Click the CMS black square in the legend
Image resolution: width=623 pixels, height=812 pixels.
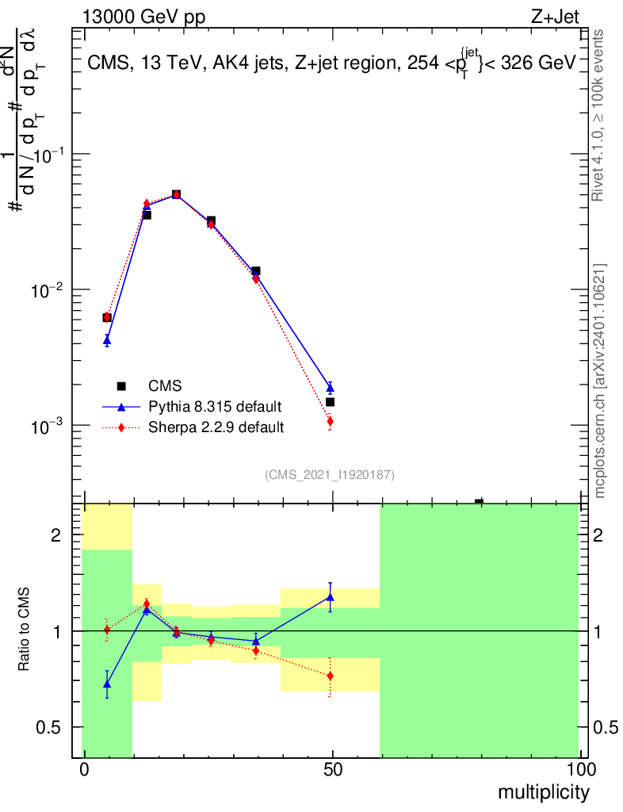[121, 386]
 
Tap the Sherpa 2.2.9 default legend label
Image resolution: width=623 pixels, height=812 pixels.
[216, 427]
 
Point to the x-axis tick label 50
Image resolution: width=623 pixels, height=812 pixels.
[333, 770]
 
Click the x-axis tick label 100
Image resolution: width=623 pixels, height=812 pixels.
[581, 770]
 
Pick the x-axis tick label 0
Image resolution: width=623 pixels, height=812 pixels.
[84, 770]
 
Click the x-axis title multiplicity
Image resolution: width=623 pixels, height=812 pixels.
[543, 792]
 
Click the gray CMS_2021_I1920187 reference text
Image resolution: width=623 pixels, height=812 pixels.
[330, 474]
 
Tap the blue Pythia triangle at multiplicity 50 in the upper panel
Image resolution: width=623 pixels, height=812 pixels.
[330, 388]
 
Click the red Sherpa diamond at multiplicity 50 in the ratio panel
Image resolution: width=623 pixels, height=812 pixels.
[330, 676]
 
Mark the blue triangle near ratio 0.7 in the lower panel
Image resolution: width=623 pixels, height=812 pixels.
[107, 684]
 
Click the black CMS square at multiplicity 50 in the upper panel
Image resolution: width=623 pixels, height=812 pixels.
[330, 402]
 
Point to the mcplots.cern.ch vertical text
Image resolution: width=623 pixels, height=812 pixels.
[600, 381]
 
